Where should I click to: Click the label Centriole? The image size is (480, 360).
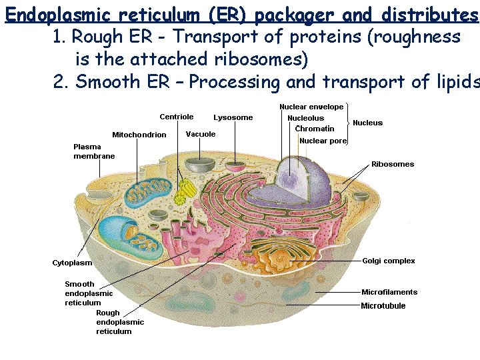click(x=177, y=117)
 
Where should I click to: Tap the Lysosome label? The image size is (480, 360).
click(x=233, y=117)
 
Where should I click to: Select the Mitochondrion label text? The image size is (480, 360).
click(x=139, y=135)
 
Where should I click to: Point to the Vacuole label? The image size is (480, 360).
click(x=201, y=134)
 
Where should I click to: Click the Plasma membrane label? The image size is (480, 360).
click(x=93, y=151)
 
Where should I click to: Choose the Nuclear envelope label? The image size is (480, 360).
click(x=311, y=107)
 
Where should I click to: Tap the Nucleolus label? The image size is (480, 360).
click(x=306, y=118)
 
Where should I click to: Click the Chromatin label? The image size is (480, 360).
click(x=315, y=129)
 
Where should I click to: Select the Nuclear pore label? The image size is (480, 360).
click(x=323, y=141)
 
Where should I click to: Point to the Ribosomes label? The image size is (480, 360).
click(x=393, y=164)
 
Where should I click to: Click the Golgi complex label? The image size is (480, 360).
click(x=389, y=261)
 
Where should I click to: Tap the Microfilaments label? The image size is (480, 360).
click(x=389, y=292)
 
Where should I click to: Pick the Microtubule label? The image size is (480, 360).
click(x=383, y=306)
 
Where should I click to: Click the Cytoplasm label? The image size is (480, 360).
click(x=73, y=263)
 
